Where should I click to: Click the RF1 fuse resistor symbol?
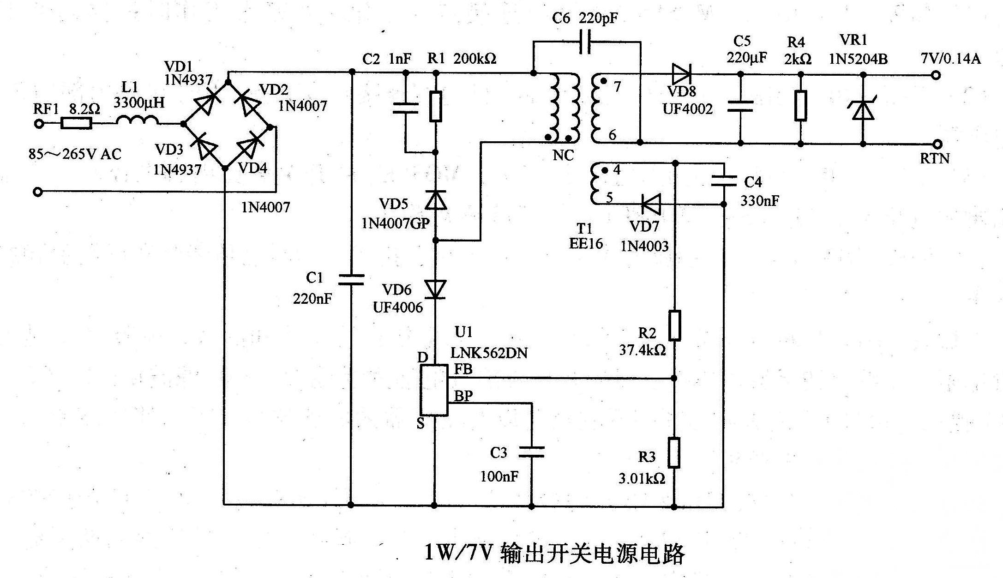point(77,123)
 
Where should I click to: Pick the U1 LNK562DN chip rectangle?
point(434,391)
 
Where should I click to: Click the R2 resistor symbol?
point(674,326)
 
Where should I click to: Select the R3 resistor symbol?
point(674,453)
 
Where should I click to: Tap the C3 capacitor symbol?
point(531,452)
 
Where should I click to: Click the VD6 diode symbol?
point(435,289)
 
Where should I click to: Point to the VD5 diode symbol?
point(435,200)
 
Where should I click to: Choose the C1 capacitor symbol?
point(351,279)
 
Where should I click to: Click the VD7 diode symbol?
point(651,204)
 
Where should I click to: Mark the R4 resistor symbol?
point(801,106)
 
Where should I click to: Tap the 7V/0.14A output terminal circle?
point(936,75)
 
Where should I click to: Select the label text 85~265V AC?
point(75,154)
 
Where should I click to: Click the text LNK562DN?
point(489,353)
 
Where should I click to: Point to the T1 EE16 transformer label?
point(586,236)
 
